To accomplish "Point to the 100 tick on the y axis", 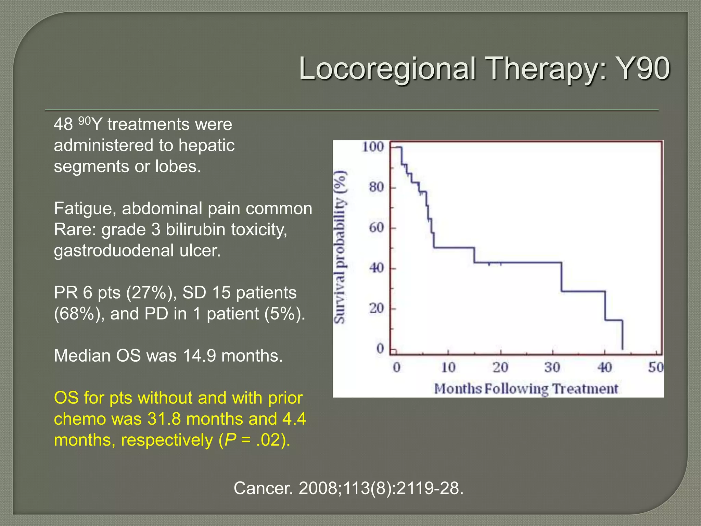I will [373, 147].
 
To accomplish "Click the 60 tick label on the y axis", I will [377, 227].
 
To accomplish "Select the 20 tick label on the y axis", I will [377, 308].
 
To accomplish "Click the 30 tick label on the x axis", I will [552, 367].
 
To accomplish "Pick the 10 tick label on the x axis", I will [448, 367].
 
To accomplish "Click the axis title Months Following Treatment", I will [526, 389].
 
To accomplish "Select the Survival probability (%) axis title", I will [340, 247].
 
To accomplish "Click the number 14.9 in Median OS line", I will [199, 355].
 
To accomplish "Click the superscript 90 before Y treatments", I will [85, 121].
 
